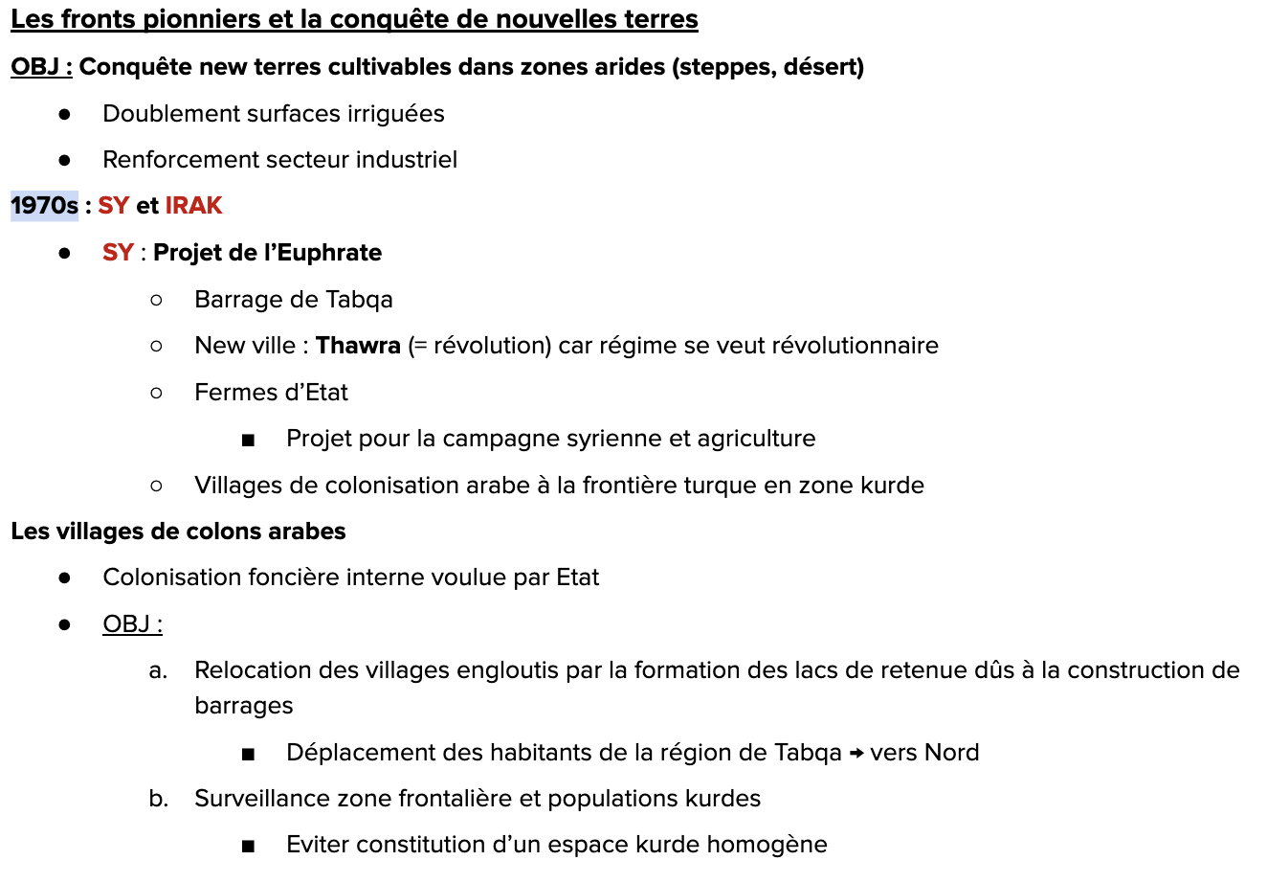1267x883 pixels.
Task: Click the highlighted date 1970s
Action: (44, 206)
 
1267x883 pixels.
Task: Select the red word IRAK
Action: (193, 206)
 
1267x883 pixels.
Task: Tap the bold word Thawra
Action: (358, 346)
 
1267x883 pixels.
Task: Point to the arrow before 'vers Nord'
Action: (856, 753)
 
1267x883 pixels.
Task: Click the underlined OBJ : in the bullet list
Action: (132, 624)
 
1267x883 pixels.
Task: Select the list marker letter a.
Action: (158, 670)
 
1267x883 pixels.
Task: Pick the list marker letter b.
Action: (158, 799)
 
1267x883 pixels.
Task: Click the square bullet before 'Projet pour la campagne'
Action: (249, 441)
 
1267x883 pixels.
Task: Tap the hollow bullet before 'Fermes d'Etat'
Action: (157, 393)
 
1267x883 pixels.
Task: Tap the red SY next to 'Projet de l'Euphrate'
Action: (118, 253)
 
